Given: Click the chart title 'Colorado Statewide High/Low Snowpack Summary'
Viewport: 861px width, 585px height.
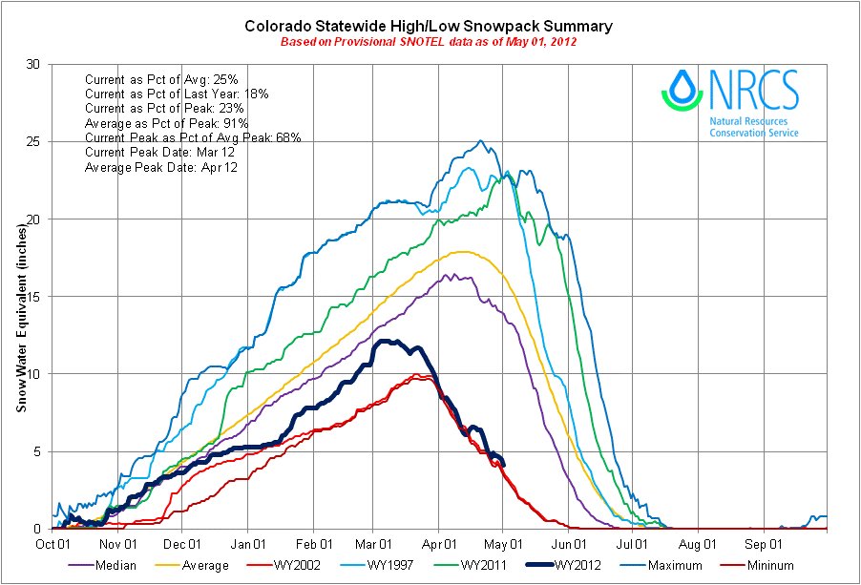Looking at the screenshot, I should pyautogui.click(x=429, y=26).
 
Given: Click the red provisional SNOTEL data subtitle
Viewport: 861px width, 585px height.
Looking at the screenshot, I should pyautogui.click(x=429, y=42).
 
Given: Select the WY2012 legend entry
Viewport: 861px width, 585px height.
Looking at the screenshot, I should pyautogui.click(x=577, y=566).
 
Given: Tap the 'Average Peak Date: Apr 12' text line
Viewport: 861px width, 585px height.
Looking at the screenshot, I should pyautogui.click(x=160, y=167).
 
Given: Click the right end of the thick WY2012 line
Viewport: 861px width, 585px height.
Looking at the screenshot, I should pyautogui.click(x=503, y=464).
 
